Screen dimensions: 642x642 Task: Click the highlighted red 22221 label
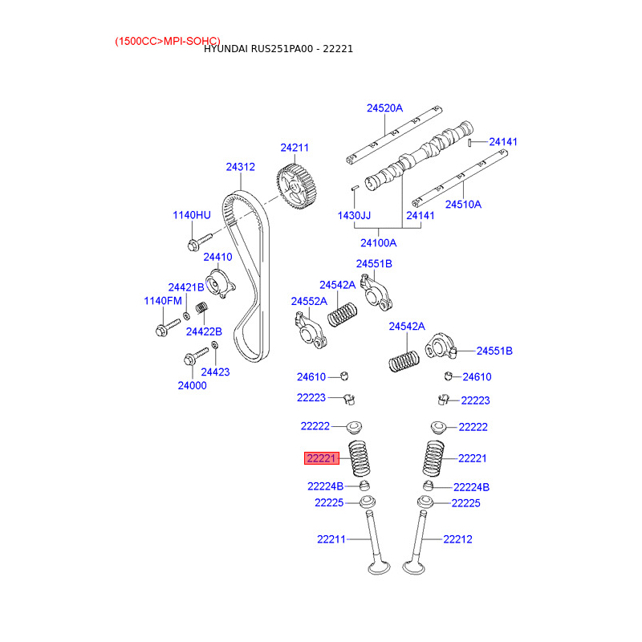pos(322,458)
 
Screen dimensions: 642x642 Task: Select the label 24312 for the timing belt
pos(240,167)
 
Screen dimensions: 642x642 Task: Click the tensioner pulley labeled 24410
pos(217,284)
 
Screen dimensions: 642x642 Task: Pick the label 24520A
pos(384,108)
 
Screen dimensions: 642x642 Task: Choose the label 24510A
pos(463,205)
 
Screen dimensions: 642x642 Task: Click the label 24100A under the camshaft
pos(378,242)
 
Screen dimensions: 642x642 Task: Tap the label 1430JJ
pos(354,216)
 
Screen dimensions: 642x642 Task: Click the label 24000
pos(192,385)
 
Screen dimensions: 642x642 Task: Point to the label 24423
pos(215,372)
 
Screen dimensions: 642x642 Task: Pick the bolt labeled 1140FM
pos(163,327)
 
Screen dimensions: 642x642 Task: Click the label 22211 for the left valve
pos(331,539)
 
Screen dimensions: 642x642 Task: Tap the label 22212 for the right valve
pos(457,539)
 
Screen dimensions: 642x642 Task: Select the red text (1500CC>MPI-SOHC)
pos(167,40)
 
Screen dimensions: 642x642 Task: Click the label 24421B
pos(185,287)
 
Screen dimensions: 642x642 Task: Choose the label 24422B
pos(204,331)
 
